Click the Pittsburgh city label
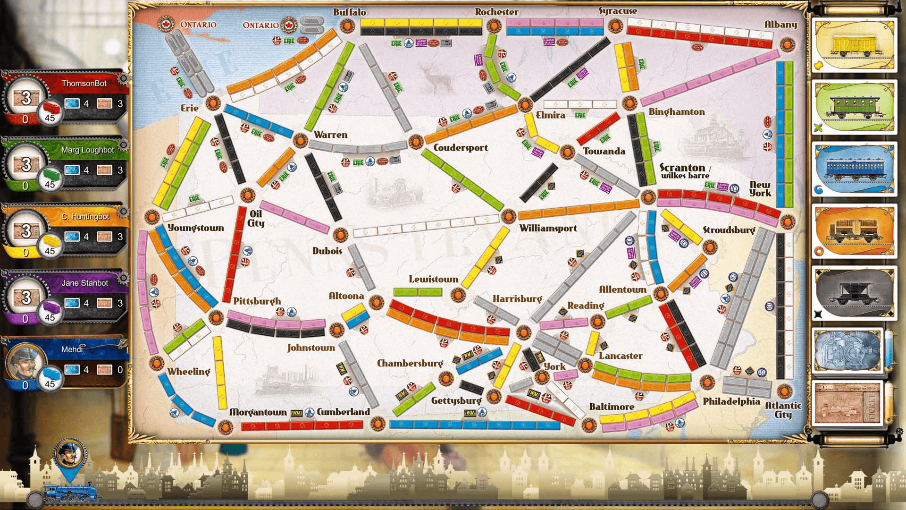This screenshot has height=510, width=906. click(257, 301)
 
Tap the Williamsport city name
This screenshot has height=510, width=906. click(548, 228)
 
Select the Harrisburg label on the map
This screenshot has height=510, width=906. click(517, 298)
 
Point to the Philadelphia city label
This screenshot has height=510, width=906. click(731, 401)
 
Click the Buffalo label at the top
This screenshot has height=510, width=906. click(349, 12)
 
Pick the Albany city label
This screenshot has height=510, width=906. click(780, 24)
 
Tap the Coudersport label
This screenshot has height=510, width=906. click(461, 148)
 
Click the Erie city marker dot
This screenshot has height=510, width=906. click(213, 102)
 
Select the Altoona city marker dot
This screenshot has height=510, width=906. click(376, 302)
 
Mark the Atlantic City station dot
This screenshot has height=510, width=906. click(784, 391)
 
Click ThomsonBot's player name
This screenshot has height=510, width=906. click(84, 84)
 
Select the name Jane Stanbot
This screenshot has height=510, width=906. click(85, 283)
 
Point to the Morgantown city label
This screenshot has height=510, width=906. click(258, 412)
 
